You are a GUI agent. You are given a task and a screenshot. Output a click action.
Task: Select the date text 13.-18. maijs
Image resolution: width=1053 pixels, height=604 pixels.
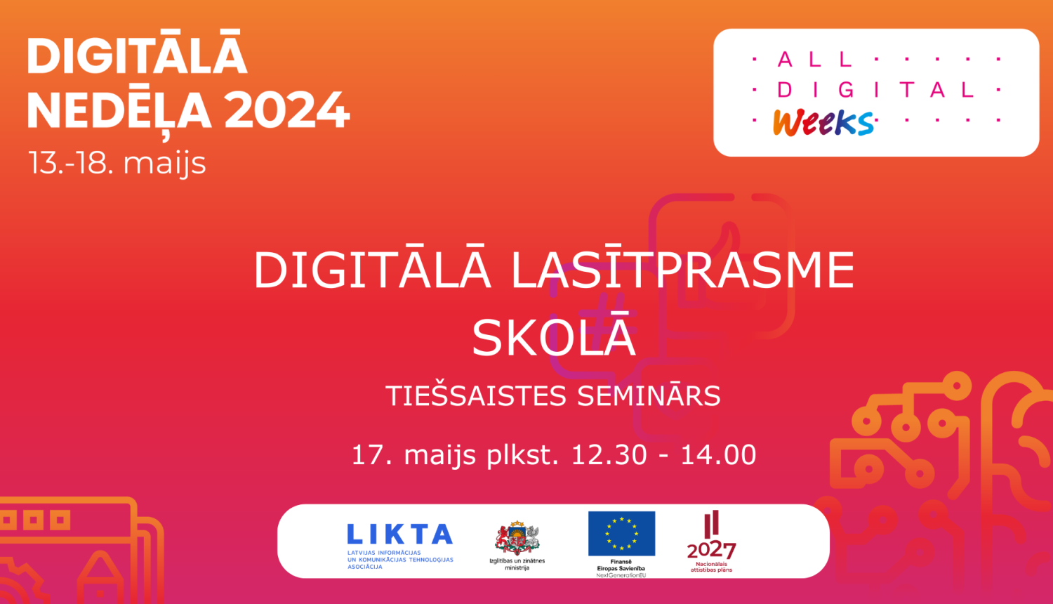117,164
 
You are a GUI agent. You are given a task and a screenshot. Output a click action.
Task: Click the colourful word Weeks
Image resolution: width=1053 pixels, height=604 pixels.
823,123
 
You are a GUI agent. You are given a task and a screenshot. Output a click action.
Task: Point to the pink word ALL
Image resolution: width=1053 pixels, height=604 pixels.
815,60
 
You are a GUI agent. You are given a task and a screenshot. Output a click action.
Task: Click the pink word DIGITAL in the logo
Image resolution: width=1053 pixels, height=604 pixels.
875,89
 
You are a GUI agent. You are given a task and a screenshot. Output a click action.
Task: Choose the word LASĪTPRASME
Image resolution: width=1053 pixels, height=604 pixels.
682,270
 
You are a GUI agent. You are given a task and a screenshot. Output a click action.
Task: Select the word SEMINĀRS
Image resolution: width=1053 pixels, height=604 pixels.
649,395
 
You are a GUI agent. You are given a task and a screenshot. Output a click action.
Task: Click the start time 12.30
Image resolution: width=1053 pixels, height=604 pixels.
609,455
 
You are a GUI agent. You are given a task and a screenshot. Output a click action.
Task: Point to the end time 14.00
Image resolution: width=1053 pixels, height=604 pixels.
718,455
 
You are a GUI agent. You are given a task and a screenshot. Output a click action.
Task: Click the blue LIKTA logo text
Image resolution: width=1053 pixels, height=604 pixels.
399,534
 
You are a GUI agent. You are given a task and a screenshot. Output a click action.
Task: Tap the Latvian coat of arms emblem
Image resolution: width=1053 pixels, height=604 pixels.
517,538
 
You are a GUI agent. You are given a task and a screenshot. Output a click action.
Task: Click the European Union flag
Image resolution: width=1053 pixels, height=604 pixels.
621,534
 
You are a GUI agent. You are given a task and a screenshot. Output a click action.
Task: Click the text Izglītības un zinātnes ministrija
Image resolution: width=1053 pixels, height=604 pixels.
517,564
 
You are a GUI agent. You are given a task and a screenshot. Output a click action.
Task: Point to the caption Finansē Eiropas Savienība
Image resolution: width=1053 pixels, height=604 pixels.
621,565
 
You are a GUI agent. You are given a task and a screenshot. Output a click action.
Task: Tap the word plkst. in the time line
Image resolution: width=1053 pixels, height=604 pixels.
523,456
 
